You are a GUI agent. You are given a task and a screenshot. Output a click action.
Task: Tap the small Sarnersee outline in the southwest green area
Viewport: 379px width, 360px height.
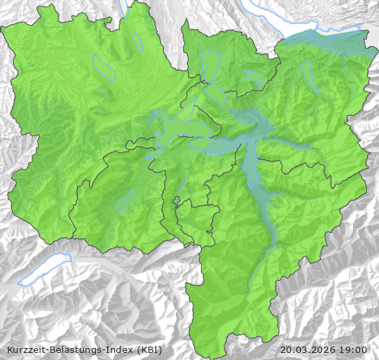point(126,200)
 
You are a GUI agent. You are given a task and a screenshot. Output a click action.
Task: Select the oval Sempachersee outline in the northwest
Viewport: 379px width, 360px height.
point(104,66)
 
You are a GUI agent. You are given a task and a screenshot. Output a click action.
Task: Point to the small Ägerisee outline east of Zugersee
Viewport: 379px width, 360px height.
point(252,76)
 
